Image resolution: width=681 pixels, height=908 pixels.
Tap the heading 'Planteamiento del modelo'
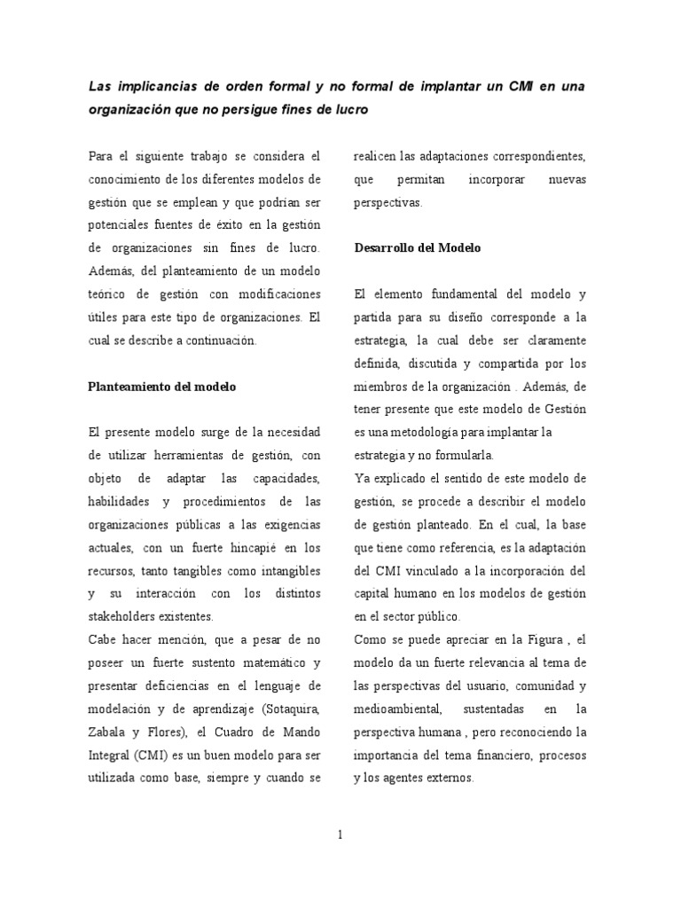pos(161,387)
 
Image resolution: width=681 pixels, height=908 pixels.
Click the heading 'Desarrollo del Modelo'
pos(417,247)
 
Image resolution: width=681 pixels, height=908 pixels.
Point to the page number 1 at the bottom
pos(340,833)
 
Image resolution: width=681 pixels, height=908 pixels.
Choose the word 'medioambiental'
pos(395,708)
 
